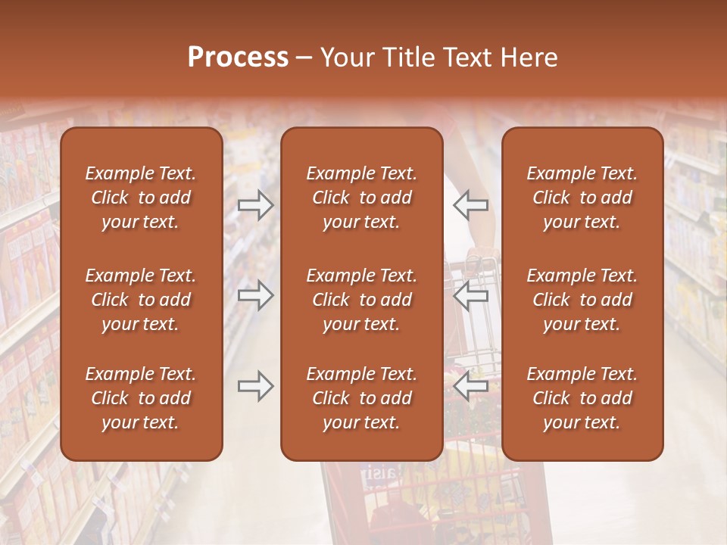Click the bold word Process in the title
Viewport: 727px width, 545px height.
pos(238,58)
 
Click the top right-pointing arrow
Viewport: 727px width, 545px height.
pos(255,204)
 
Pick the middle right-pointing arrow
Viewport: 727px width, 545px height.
pos(255,295)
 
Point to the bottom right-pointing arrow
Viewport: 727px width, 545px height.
pos(255,386)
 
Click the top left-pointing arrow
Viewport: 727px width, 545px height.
pos(470,204)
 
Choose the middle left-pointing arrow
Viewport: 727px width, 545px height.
pos(470,295)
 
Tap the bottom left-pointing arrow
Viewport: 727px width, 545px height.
pos(470,386)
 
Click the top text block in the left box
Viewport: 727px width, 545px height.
pos(141,198)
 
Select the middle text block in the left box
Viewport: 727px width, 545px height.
pos(141,300)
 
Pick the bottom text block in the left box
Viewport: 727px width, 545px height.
pos(141,398)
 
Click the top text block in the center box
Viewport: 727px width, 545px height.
pos(362,198)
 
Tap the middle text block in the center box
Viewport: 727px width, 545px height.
pos(362,300)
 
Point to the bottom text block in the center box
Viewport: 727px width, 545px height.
pos(362,398)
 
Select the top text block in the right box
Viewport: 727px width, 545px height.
pos(582,198)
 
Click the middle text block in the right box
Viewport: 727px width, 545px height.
pos(582,300)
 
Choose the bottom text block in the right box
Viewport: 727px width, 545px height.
pos(582,398)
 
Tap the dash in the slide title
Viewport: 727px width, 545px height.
pos(304,58)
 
